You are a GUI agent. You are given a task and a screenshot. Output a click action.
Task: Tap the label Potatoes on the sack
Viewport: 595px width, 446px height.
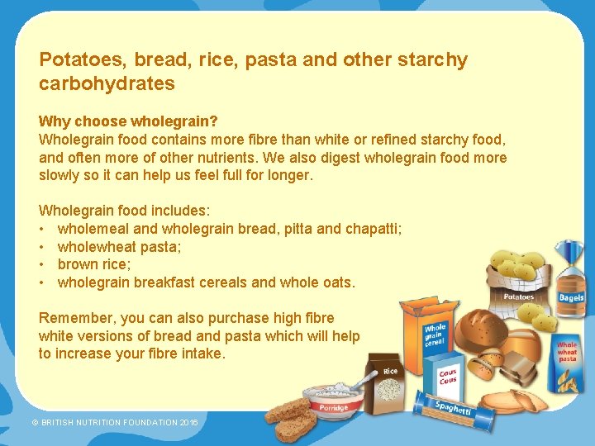(519, 297)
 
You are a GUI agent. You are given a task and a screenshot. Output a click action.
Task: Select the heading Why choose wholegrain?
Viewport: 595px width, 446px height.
(128, 121)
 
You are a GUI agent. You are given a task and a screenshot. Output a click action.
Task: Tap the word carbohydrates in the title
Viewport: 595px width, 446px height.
(107, 83)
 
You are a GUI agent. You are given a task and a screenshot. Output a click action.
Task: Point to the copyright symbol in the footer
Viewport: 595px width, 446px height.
(35, 422)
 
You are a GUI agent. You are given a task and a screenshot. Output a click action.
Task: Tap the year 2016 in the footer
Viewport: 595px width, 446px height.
(189, 422)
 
